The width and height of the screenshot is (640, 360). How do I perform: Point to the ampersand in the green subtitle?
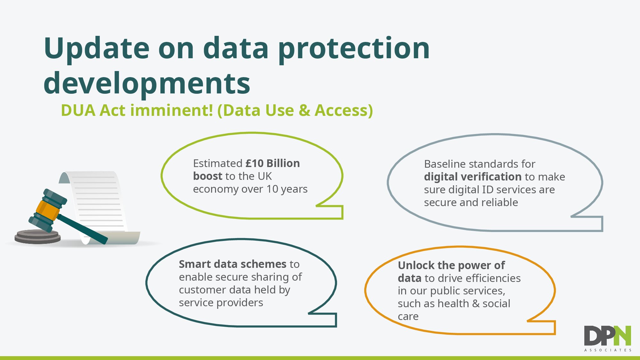click(x=304, y=110)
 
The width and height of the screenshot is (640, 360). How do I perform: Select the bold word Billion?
click(x=283, y=163)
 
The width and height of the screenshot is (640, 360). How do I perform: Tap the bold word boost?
click(x=208, y=176)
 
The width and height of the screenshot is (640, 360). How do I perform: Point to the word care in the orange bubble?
click(x=408, y=316)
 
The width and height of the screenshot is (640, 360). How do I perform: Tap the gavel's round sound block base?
click(x=38, y=237)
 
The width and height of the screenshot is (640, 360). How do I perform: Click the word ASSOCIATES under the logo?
click(x=608, y=350)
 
